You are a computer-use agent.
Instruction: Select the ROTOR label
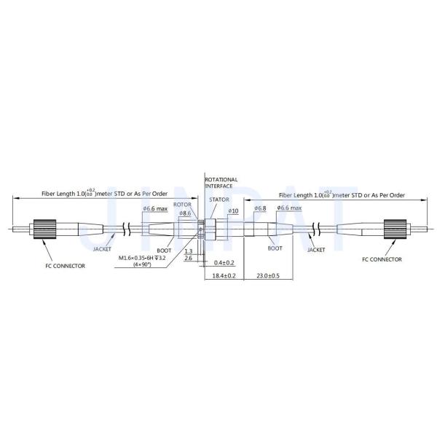[183, 205]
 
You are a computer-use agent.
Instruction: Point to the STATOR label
[219, 199]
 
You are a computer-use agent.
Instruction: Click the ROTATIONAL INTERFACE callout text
[221, 182]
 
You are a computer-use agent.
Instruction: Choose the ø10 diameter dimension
[233, 211]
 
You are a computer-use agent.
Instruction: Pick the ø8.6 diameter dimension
[185, 213]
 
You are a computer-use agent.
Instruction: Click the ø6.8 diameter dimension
[260, 209]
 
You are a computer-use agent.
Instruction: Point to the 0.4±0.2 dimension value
[224, 262]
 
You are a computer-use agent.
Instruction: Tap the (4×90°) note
[143, 265]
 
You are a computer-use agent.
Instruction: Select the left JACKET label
[103, 249]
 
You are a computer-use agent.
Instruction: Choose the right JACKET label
[316, 249]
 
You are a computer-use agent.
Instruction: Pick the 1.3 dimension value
[188, 251]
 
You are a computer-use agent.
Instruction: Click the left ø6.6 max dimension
[155, 210]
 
